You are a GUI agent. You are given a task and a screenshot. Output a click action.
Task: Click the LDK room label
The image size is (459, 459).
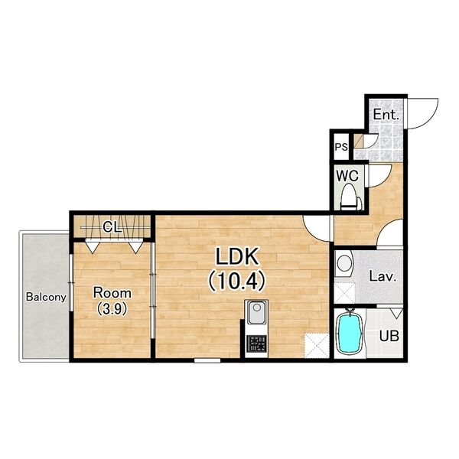237,256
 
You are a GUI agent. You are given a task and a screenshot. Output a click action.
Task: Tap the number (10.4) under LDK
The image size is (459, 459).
237,282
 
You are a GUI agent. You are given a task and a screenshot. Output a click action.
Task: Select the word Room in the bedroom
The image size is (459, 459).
112,293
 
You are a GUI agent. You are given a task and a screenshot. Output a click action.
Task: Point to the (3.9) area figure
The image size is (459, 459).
112,309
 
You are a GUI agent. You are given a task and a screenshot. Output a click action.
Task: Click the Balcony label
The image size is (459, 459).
46,297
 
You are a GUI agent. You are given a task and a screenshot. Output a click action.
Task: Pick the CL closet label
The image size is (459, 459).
112,227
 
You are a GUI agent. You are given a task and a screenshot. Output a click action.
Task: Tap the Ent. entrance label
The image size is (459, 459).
386,115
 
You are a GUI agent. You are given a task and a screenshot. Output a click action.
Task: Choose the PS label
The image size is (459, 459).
341,147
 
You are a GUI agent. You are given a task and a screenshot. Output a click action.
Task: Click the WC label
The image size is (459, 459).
347,176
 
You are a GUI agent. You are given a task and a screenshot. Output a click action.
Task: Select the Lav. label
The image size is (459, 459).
382,276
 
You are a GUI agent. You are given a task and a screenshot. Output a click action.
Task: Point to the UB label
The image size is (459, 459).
389,336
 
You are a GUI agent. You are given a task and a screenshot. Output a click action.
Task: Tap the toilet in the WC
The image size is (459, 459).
351,197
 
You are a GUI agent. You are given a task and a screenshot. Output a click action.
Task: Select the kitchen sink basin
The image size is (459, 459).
256,312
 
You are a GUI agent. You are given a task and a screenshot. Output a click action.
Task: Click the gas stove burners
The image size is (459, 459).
256,343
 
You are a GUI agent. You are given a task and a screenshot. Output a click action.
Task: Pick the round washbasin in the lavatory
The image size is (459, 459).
344,263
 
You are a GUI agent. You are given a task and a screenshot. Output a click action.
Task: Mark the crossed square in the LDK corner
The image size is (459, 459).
317,346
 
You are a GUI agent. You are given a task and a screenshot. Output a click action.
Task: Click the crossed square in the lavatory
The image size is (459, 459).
344,293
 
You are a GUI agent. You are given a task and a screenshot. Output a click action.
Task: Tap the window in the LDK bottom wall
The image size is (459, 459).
207,360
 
